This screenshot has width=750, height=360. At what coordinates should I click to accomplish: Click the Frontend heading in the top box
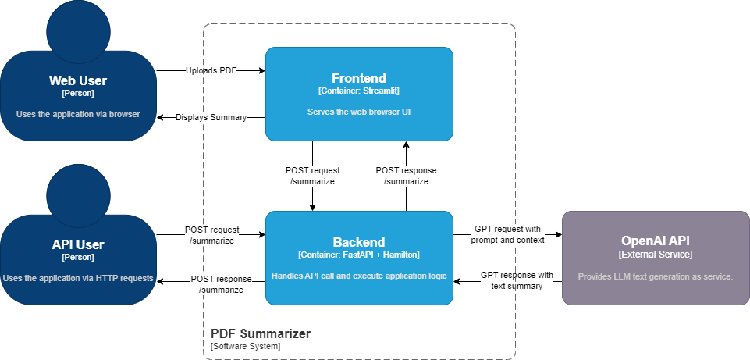click(359, 78)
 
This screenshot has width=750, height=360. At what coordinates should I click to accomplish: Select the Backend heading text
click(359, 242)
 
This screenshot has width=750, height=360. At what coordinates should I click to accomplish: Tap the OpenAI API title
click(655, 241)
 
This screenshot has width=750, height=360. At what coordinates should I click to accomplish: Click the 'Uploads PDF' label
click(211, 70)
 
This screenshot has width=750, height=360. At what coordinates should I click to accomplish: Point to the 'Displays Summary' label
click(211, 117)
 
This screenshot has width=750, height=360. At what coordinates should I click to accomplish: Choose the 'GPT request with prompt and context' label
click(507, 234)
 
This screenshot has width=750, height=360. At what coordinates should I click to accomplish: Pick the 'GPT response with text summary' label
click(517, 280)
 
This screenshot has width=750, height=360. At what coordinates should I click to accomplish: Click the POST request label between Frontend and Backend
click(312, 176)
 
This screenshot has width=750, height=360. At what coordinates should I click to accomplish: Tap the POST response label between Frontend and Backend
click(406, 176)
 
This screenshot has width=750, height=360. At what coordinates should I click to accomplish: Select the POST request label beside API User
click(211, 235)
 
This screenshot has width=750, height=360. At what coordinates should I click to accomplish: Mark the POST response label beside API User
click(222, 284)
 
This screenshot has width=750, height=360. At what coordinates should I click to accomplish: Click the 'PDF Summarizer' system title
click(261, 333)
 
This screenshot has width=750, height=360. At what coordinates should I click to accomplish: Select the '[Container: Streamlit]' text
click(359, 91)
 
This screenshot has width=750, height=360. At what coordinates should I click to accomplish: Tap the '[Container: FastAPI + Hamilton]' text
click(359, 255)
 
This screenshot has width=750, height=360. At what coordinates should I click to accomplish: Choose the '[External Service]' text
click(655, 255)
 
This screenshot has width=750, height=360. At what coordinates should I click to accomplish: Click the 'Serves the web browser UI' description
click(359, 112)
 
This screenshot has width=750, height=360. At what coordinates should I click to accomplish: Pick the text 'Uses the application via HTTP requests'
click(78, 277)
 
